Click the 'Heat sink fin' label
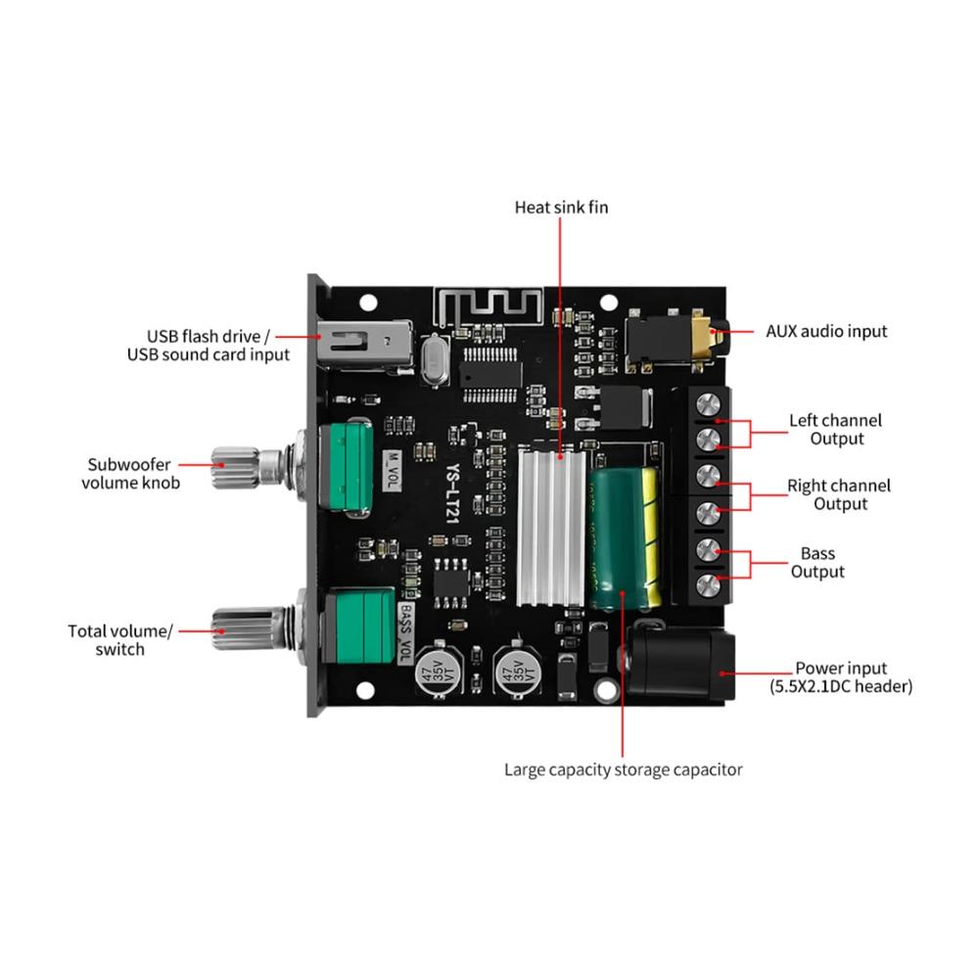click(x=561, y=208)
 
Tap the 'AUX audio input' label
click(x=826, y=332)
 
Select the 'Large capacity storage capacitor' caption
click(x=623, y=769)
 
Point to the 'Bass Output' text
click(x=817, y=563)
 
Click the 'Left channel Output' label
click(x=835, y=430)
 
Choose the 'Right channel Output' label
click(x=839, y=494)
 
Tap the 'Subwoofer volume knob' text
click(x=130, y=474)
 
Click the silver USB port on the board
click(x=364, y=344)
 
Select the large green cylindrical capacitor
click(x=623, y=538)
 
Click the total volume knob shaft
click(x=251, y=629)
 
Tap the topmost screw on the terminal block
click(x=708, y=404)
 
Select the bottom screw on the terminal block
click(x=708, y=585)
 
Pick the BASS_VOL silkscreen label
click(x=405, y=633)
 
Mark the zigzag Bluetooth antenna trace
click(x=489, y=306)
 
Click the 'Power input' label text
click(x=840, y=668)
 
